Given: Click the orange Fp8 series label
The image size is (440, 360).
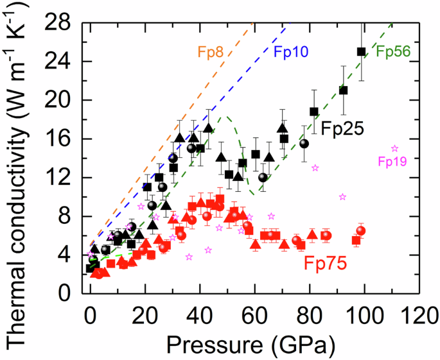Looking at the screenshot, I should coord(210,52).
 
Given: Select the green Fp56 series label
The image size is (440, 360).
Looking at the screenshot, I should coord(393,52).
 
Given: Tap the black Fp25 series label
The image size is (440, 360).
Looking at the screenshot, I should coord(342,129).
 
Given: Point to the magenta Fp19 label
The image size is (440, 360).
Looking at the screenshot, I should coord(392,162).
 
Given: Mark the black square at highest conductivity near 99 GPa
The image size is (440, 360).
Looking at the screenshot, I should coord(361,51).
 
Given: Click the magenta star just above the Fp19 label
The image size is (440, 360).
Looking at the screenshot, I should coord(394,148).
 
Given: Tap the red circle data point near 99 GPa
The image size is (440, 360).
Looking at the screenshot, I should coord(361,230).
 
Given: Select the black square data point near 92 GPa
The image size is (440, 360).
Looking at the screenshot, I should coord(343,90).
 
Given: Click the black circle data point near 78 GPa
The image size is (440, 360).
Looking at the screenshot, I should coord(304,143).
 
